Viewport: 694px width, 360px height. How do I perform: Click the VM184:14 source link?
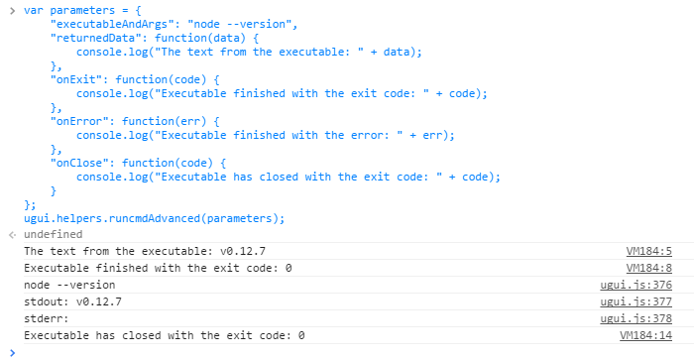(x=645, y=335)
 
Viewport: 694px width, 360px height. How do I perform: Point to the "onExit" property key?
(x=75, y=78)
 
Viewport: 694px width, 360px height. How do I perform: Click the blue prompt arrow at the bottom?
(x=10, y=352)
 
